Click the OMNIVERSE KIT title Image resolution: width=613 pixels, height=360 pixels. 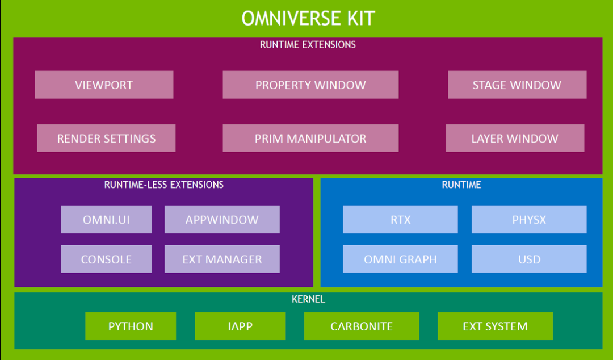pyautogui.click(x=308, y=18)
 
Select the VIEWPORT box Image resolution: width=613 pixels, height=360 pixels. pyautogui.click(x=104, y=85)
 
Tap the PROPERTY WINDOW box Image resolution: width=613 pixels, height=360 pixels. pyautogui.click(x=310, y=85)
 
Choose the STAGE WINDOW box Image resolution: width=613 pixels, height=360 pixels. pyautogui.click(x=517, y=85)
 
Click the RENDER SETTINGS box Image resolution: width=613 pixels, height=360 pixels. pyautogui.click(x=106, y=139)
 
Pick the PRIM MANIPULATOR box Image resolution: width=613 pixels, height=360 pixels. pyautogui.click(x=310, y=139)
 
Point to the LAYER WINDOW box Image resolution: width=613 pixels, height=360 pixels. pyautogui.click(x=515, y=139)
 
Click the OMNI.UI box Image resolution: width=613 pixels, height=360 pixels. pyautogui.click(x=106, y=220)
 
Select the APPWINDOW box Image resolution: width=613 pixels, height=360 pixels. pyautogui.click(x=222, y=220)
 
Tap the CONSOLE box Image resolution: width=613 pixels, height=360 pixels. pyautogui.click(x=106, y=259)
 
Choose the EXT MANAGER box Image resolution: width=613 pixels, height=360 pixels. pyautogui.click(x=222, y=259)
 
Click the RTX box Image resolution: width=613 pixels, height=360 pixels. pyautogui.click(x=400, y=220)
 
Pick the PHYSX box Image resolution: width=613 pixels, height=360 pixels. pyautogui.click(x=529, y=220)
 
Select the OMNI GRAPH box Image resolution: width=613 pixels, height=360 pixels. pyautogui.click(x=400, y=259)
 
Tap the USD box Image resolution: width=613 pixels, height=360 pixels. pyautogui.click(x=529, y=259)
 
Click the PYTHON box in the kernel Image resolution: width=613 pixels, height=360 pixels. pyautogui.click(x=131, y=326)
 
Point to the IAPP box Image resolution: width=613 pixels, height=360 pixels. pyautogui.click(x=240, y=326)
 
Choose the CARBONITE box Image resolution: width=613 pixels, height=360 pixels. pyautogui.click(x=362, y=326)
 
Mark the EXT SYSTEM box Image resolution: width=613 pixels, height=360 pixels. pyautogui.click(x=495, y=326)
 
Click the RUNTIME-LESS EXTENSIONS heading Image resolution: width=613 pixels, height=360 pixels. pyautogui.click(x=164, y=185)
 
